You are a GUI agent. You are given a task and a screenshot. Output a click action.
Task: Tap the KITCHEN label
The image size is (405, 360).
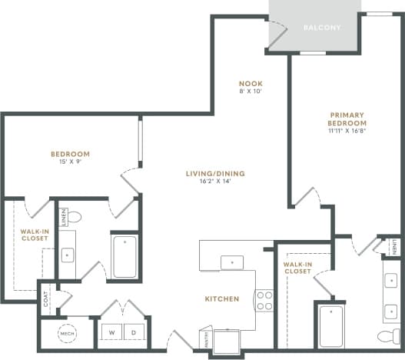point(221,298)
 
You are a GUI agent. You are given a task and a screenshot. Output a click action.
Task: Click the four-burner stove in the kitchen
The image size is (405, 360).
point(264,300)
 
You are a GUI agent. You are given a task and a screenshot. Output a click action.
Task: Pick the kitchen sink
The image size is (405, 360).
point(231,263)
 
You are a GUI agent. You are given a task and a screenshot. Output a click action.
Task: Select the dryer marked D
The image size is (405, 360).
point(133,333)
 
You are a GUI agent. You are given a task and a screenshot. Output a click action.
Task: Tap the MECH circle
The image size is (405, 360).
point(66,334)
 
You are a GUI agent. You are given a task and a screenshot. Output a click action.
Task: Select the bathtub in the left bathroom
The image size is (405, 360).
point(124,256)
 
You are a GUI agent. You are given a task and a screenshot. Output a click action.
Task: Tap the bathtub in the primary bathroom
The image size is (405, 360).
point(331,326)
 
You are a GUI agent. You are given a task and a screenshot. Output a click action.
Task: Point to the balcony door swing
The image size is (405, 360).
point(277,32)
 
